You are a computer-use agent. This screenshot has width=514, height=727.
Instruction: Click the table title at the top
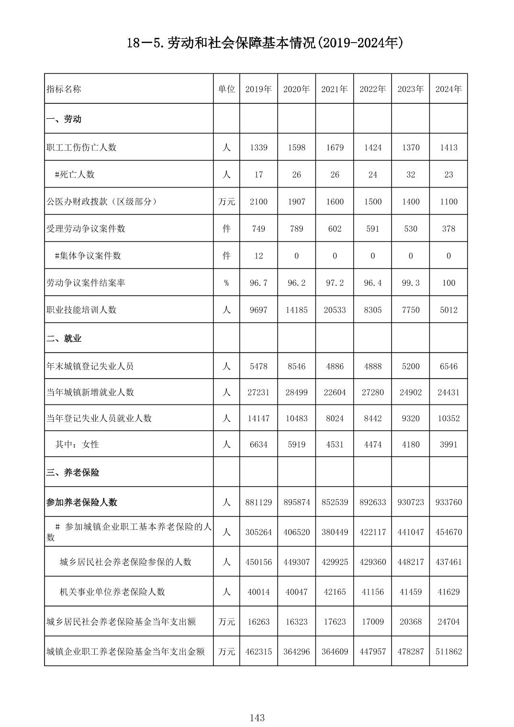point(265,44)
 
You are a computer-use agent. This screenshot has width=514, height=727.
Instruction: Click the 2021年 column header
point(335,89)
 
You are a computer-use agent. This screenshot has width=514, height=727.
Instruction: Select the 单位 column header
point(226,89)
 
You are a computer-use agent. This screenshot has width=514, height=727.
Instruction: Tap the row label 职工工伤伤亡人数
point(81,147)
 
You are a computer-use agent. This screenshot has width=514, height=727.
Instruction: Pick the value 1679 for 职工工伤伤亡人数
point(335,147)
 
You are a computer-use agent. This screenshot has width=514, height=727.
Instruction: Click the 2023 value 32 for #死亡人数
point(411,175)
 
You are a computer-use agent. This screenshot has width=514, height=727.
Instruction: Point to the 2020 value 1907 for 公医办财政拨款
point(296,201)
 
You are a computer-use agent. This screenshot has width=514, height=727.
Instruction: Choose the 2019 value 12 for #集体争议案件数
point(258,256)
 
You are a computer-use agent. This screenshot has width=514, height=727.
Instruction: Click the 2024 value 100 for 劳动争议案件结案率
point(448,283)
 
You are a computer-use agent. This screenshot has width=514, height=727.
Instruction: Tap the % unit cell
point(226,283)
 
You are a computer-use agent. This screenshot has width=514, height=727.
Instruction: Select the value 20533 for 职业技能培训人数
point(335,310)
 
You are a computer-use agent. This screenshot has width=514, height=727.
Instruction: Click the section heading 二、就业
point(64,338)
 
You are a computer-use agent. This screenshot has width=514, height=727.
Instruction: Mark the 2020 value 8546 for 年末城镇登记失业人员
point(296,367)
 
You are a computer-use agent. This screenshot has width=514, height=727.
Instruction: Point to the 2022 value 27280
point(373,392)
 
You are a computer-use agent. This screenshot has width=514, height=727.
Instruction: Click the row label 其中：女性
point(77,445)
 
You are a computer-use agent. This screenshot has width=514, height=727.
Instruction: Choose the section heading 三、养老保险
point(73,472)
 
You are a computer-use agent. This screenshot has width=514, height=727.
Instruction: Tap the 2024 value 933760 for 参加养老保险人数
point(448,503)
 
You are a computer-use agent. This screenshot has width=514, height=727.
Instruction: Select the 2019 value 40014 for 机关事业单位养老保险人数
point(258,592)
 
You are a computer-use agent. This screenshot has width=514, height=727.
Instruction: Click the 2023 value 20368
point(411,622)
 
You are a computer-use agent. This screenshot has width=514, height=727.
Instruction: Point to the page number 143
point(257,717)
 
